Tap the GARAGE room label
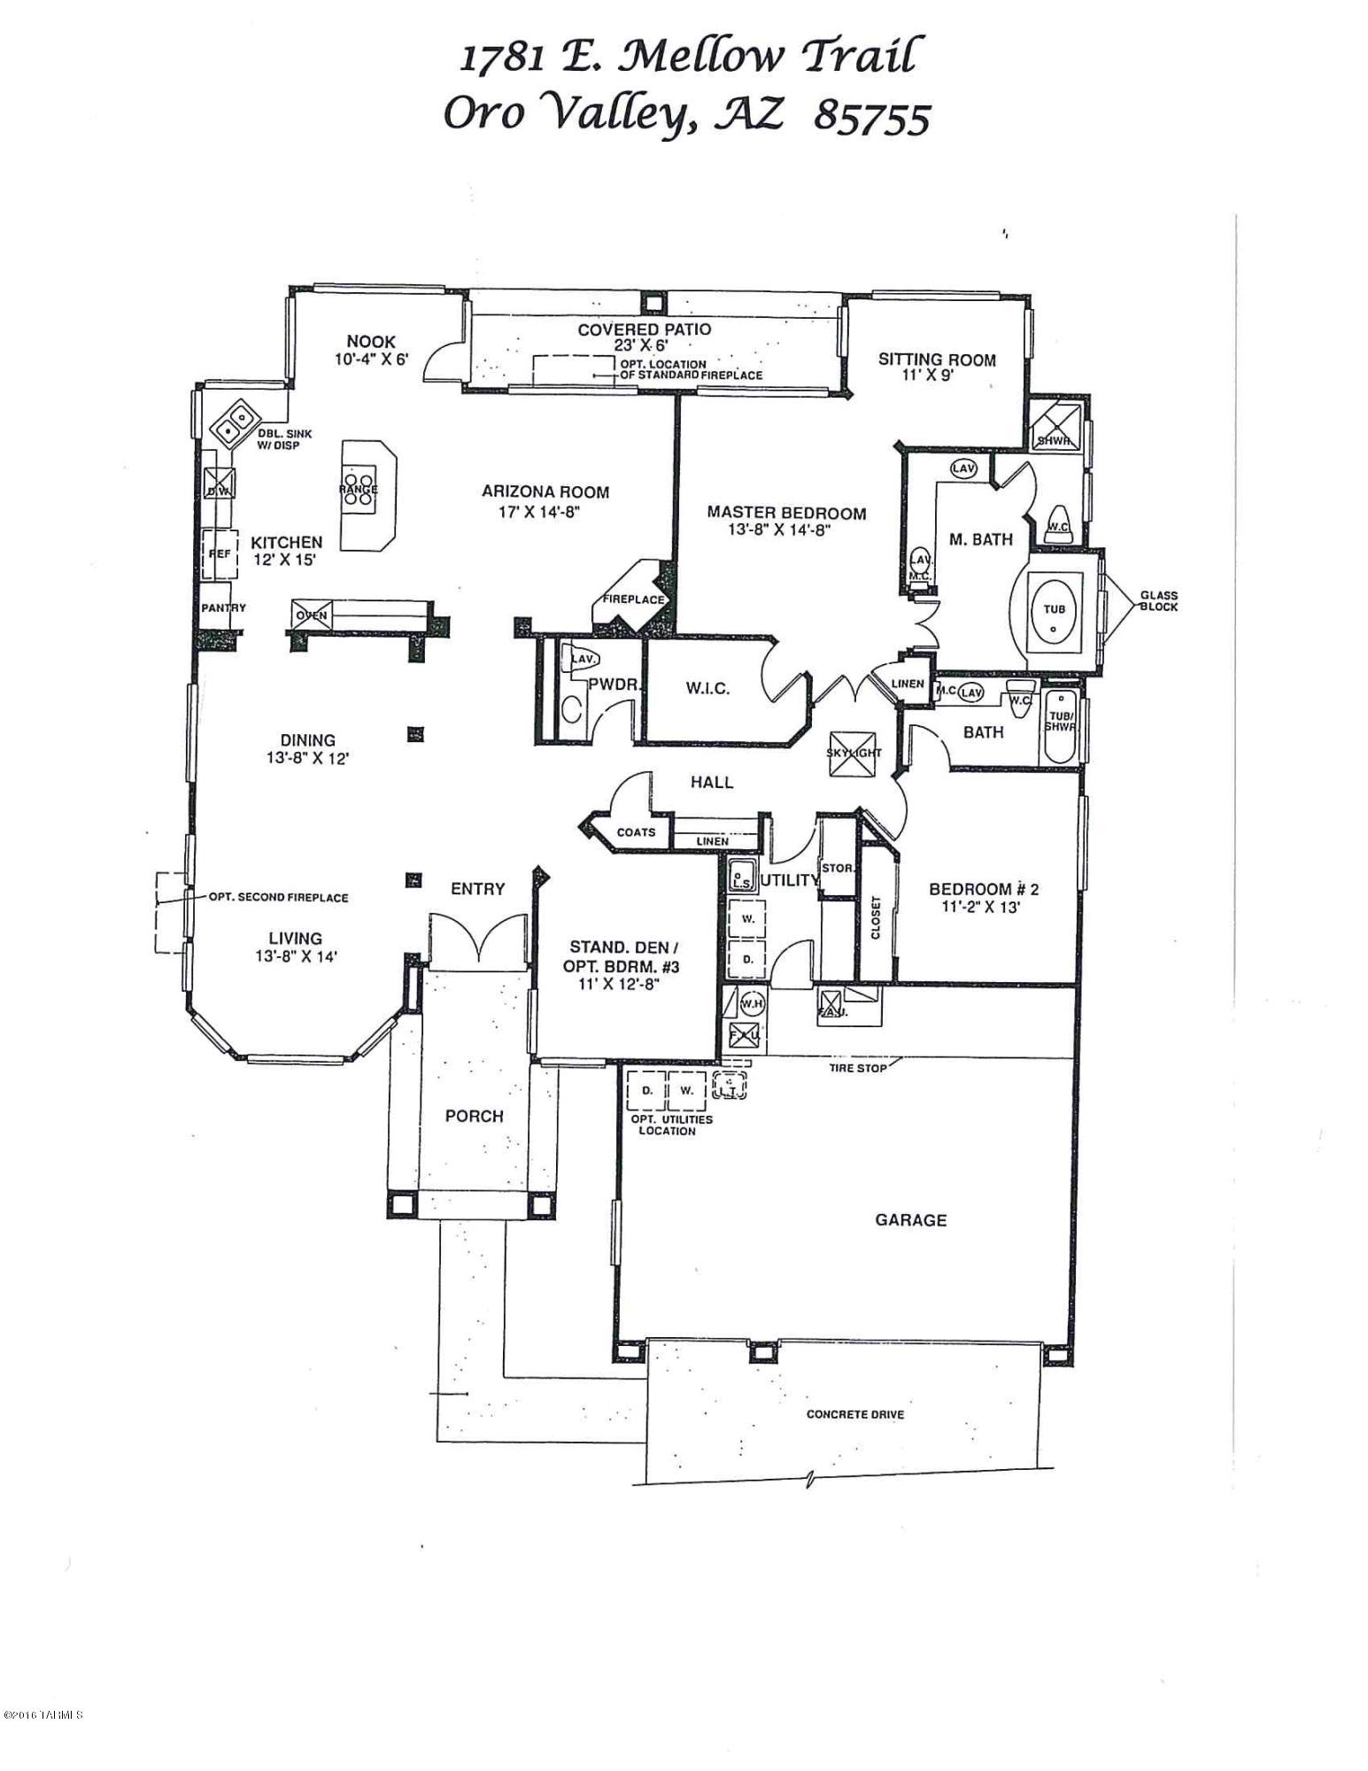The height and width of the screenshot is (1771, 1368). (910, 1220)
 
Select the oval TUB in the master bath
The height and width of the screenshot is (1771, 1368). (1054, 611)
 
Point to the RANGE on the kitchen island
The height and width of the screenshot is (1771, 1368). (359, 488)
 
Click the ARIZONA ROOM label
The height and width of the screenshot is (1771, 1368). (545, 492)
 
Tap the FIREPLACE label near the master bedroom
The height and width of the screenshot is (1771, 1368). (633, 599)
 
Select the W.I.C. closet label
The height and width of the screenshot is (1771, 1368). (707, 688)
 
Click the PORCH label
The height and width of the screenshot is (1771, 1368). (474, 1117)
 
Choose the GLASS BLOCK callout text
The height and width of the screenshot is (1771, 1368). (1158, 601)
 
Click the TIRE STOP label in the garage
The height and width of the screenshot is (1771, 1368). (857, 1068)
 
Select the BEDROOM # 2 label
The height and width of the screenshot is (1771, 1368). (983, 889)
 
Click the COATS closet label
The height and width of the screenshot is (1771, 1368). (635, 832)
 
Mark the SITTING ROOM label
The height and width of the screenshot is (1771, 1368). (937, 360)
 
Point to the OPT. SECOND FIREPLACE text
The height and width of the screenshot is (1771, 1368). (278, 897)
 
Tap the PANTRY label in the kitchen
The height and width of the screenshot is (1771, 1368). (223, 607)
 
